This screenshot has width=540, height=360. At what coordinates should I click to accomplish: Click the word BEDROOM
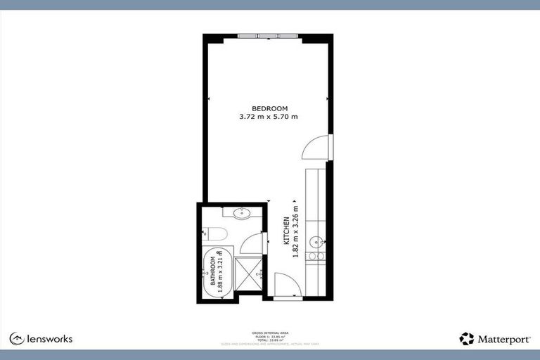[269, 108]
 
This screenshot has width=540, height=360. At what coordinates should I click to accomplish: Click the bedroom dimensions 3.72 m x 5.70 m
[269, 117]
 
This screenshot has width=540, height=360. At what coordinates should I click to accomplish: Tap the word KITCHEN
[287, 230]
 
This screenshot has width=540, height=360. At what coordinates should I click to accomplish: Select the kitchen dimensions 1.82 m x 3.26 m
[295, 230]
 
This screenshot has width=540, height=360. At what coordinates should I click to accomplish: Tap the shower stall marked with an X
[247, 274]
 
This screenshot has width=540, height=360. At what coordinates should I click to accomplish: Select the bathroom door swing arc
[251, 244]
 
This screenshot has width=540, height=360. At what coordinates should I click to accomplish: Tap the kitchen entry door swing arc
[288, 284]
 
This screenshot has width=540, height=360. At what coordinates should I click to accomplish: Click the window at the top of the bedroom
[269, 36]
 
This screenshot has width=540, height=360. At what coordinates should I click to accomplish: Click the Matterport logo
[495, 339]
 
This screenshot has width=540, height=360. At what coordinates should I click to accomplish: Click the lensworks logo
[41, 339]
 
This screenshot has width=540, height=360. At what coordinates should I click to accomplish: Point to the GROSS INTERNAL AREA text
[269, 332]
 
